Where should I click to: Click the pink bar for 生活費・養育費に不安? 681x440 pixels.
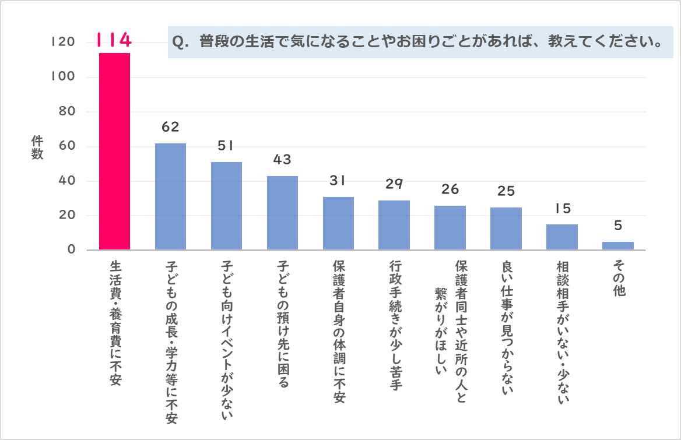point(114,152)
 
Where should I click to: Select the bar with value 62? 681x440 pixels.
point(170,197)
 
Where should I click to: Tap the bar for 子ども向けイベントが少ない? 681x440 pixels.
point(226,206)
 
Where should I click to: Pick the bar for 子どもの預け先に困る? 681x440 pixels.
point(282,213)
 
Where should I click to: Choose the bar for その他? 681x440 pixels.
point(618,246)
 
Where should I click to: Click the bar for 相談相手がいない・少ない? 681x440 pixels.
point(562,237)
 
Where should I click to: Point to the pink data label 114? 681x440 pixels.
point(114,40)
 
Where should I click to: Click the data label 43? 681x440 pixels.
point(282,160)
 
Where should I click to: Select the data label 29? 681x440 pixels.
point(394,184)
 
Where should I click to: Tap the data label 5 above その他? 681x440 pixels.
point(618,226)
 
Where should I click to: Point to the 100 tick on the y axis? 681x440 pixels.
point(61,77)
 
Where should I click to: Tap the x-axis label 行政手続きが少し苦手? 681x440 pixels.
point(394,325)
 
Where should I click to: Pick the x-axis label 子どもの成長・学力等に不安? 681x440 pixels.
point(170,342)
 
